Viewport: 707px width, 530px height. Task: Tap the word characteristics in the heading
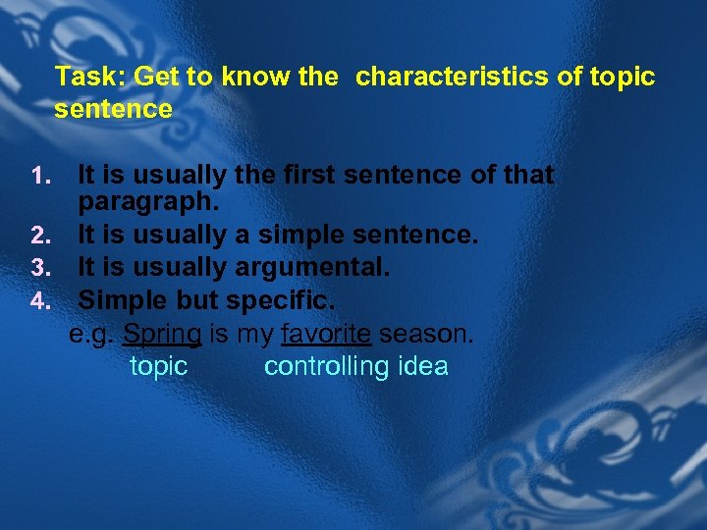(453, 77)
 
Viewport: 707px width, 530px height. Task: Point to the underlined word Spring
(162, 335)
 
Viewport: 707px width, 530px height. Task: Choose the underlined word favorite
(326, 335)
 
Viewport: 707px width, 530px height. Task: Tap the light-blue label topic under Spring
(158, 366)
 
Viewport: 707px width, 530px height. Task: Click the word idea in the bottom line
(422, 366)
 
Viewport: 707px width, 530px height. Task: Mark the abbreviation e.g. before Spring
(91, 335)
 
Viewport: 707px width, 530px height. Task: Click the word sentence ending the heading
(113, 109)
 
